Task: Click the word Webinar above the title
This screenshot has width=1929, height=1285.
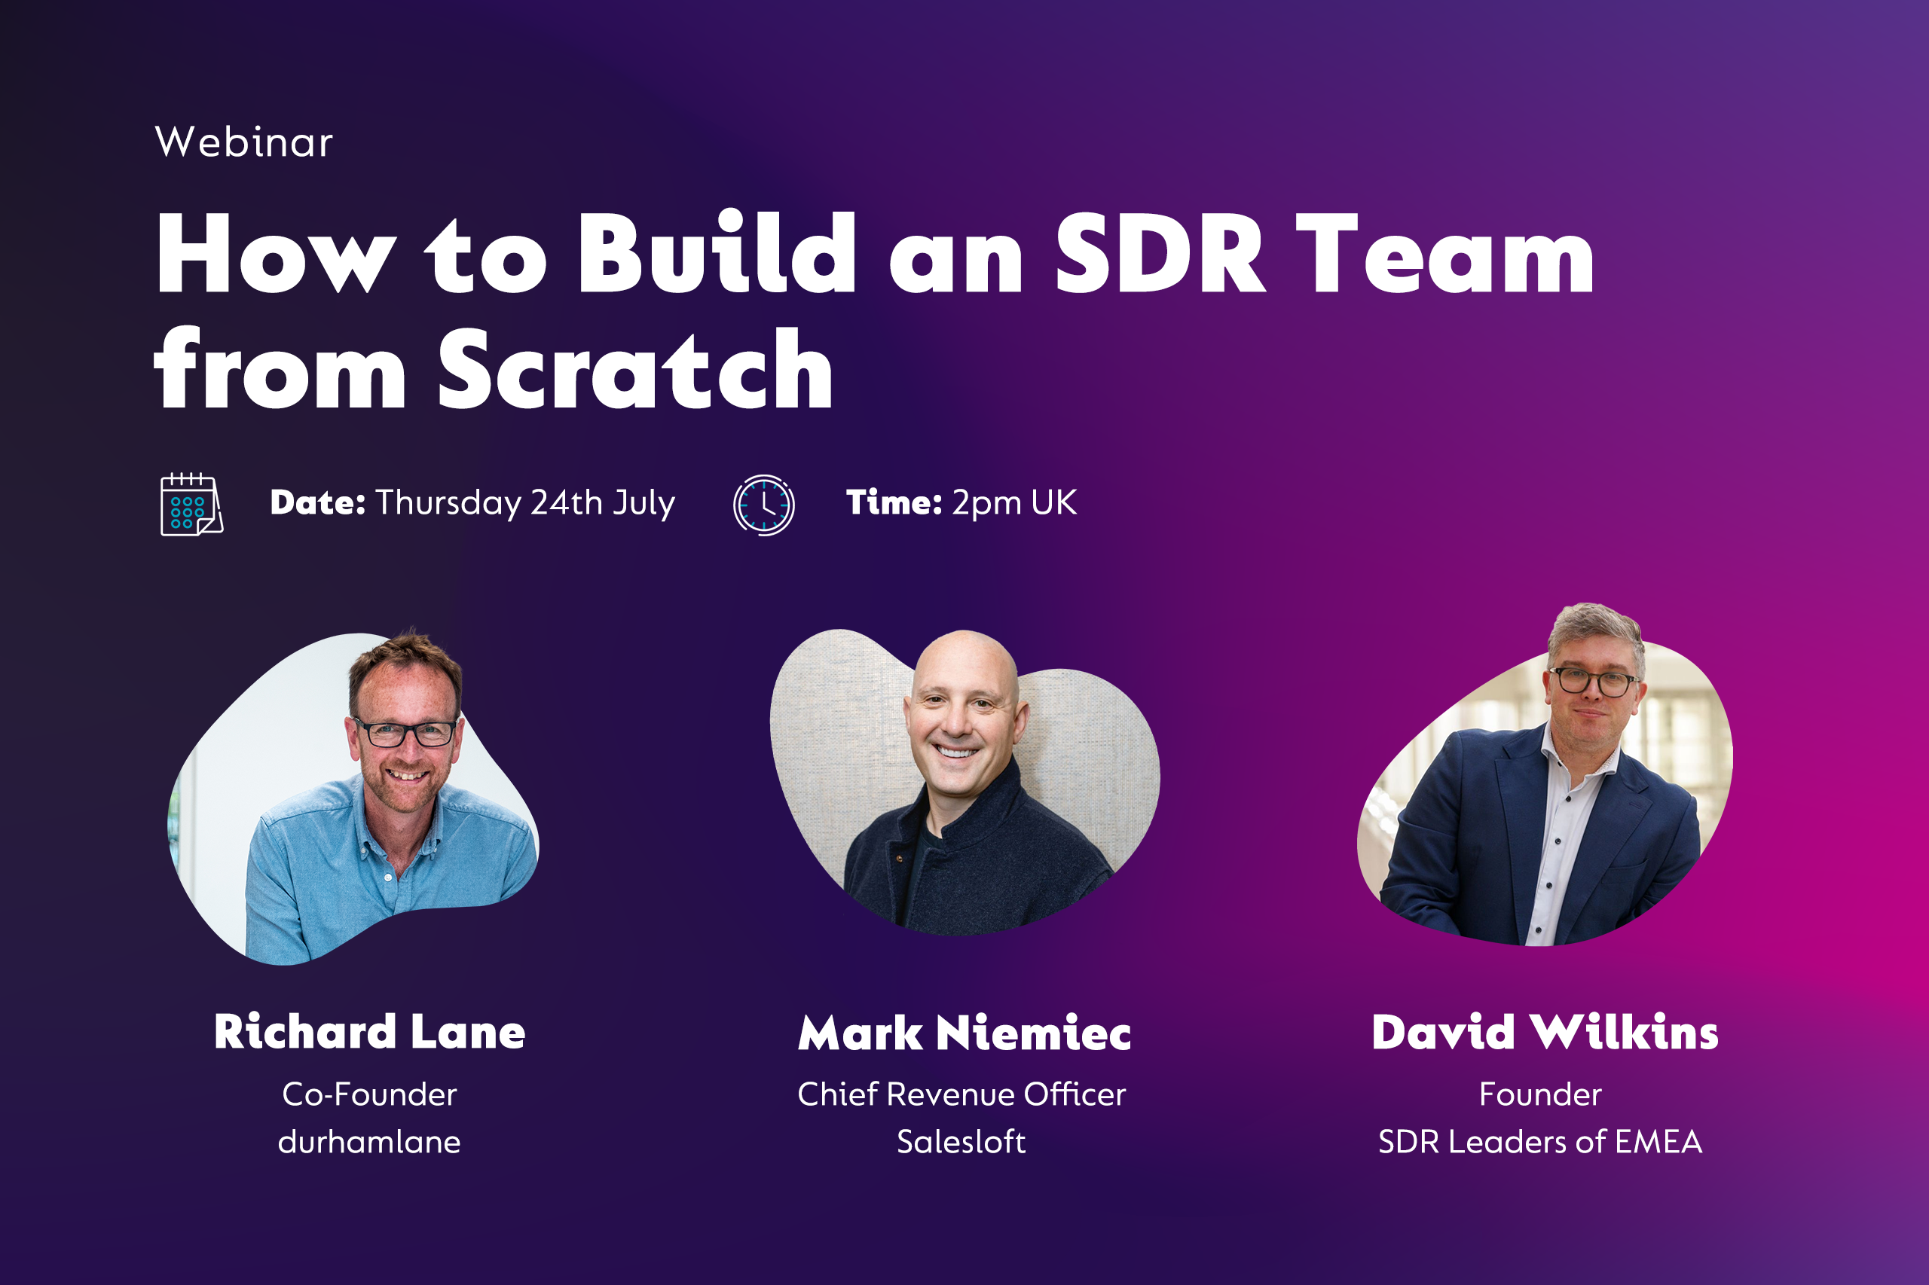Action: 243,142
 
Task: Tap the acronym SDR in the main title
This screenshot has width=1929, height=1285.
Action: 1159,253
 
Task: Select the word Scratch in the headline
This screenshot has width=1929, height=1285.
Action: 635,370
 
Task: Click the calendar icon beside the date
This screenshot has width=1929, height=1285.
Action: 191,505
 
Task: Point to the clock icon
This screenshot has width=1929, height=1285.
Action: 763,505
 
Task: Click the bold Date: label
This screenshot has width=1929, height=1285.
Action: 317,502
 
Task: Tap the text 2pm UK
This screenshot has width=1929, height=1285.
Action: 1014,502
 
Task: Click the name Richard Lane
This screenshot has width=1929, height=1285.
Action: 370,1032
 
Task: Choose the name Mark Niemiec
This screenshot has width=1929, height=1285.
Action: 964,1033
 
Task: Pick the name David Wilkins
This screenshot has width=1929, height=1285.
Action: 1545,1032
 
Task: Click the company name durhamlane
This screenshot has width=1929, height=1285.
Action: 370,1142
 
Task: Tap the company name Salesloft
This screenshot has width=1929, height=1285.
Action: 961,1142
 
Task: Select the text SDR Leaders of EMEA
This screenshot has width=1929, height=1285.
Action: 1540,1142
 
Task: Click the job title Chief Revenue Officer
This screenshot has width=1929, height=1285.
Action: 961,1094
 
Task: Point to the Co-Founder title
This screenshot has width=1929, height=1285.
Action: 370,1094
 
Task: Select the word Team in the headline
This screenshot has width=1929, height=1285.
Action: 1444,253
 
